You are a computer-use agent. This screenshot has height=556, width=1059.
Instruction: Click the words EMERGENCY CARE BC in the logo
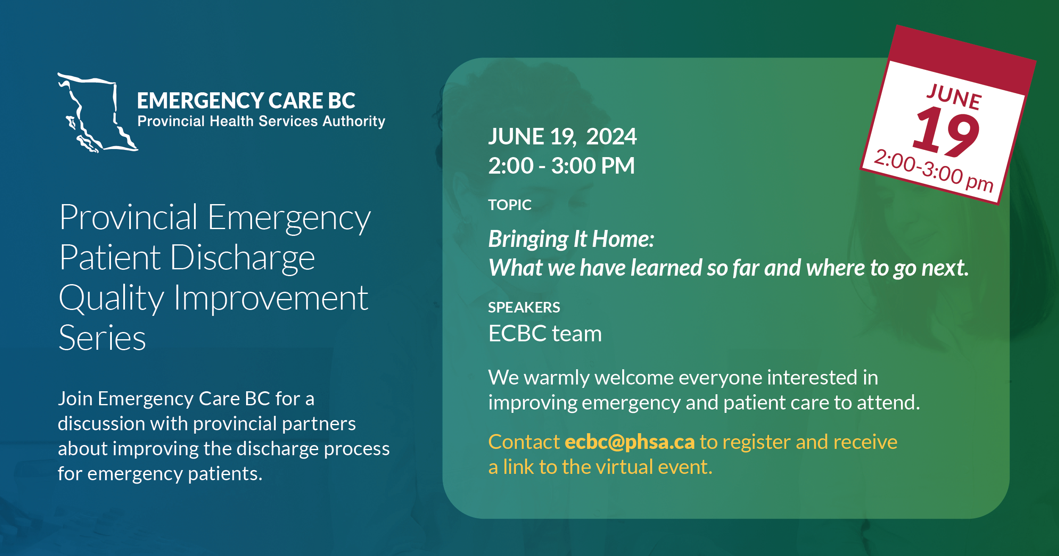click(246, 101)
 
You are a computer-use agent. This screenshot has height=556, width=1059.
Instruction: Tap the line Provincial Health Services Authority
click(261, 122)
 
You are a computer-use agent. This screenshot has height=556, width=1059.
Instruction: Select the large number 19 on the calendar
click(947, 131)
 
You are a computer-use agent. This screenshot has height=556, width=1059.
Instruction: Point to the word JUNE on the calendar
click(954, 97)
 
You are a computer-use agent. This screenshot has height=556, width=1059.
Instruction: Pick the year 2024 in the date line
click(611, 137)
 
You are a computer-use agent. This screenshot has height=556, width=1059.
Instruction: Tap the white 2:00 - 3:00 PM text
click(561, 166)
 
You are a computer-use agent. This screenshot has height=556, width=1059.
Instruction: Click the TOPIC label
click(510, 205)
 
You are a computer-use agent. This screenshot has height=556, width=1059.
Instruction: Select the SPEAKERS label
click(524, 307)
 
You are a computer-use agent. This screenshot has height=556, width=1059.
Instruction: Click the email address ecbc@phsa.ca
click(629, 442)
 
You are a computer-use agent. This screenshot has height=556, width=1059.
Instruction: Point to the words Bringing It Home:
click(571, 239)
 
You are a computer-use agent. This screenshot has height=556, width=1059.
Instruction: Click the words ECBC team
click(545, 334)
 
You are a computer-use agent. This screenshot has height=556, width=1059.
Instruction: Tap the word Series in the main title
click(102, 338)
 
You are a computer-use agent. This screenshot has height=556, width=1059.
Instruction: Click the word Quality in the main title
click(111, 298)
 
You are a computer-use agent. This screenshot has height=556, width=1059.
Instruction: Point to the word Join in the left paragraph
click(75, 399)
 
